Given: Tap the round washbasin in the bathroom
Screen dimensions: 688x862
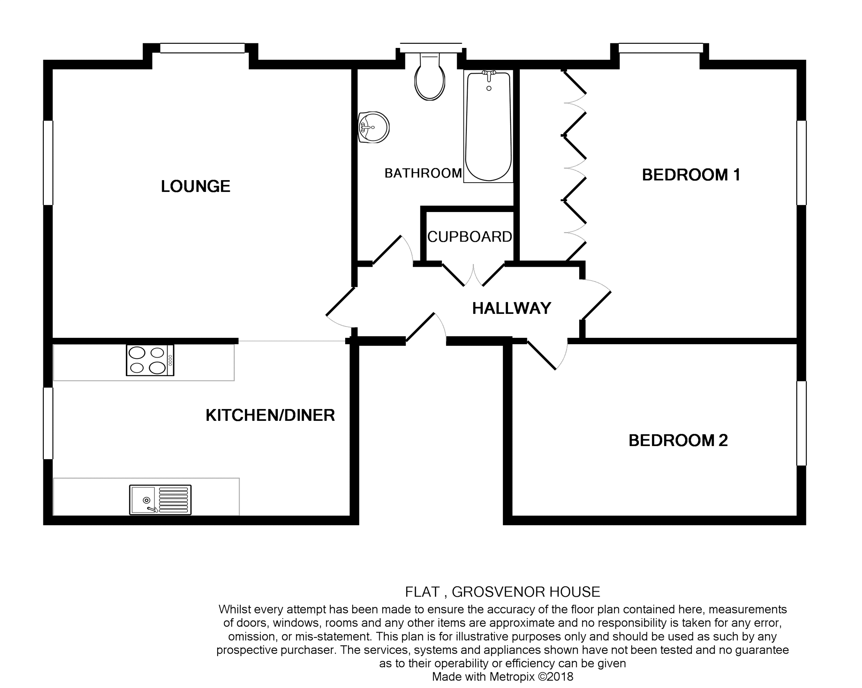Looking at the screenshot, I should [x=374, y=127].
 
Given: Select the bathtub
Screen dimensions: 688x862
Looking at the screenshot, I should [x=488, y=126].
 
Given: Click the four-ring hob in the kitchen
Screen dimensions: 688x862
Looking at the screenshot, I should [x=150, y=360].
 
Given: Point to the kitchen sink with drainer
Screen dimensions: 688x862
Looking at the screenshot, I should [x=160, y=499].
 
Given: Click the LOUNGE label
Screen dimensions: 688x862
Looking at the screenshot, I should [x=195, y=186].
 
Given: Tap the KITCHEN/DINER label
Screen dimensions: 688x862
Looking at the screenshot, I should [x=270, y=415].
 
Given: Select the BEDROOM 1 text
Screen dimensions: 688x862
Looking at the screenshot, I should [x=691, y=175].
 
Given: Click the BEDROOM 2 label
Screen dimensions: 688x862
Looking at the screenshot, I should [x=678, y=441].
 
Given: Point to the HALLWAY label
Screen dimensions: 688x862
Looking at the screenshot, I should [x=511, y=308].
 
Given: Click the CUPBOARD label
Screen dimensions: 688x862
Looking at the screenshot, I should [x=469, y=237].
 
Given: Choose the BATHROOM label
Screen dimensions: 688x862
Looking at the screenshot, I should [x=423, y=173].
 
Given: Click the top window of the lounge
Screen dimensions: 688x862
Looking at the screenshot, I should [x=202, y=49].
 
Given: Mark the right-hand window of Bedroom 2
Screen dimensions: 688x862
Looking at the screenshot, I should [x=801, y=423].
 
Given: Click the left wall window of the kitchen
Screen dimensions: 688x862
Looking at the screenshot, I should [x=48, y=423].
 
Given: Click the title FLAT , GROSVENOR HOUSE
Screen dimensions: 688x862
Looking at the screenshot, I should [x=502, y=592].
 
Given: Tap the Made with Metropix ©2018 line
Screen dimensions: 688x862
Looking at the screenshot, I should [x=502, y=677].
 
